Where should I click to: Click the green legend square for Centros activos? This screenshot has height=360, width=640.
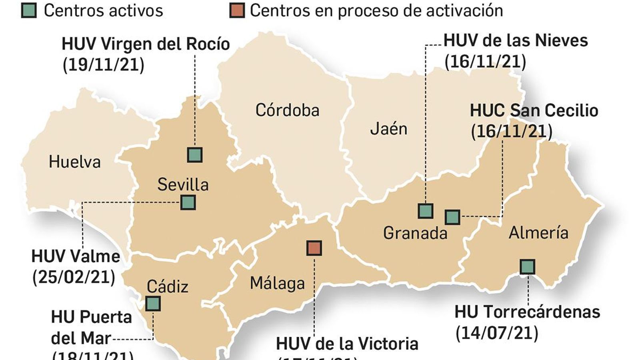pos(29,10)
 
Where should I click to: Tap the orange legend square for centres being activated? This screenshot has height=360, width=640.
pos(237,10)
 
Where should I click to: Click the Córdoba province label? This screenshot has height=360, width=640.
pos(287,110)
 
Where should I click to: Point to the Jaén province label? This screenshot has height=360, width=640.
pos(388,129)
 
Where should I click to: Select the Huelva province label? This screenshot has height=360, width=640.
pos(74,162)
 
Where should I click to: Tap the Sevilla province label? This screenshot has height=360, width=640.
pos(183,184)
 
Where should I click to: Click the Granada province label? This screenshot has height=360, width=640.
pos(415,233)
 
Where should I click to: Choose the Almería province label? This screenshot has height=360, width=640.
pos(538,232)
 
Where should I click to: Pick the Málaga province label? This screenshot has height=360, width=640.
pos(277,283)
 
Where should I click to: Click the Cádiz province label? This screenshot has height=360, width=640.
pos(167,286)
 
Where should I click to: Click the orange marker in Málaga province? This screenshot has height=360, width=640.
pos(314,248)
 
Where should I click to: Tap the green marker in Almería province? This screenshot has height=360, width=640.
pos(528,266)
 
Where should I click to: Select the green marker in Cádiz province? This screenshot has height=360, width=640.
pos(153,304)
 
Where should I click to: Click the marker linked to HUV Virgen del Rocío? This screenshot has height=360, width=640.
pos(195,155)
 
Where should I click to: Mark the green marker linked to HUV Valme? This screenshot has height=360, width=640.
pos(188,202)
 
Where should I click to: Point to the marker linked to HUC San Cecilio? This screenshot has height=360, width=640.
pos(452,217)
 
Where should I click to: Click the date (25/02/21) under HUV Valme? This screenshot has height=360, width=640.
pos(74,277)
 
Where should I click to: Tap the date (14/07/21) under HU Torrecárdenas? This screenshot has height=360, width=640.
pos(497,333)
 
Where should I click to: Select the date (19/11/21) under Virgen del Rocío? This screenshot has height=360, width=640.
pos(103,65)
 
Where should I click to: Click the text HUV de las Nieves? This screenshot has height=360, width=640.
pos(516,41)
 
